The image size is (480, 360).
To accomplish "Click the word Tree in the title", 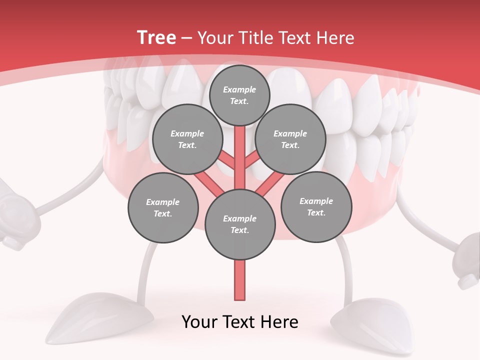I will point(156,38).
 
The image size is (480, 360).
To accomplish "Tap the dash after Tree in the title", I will point(186,38).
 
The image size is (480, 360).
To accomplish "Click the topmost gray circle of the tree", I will point(239,95).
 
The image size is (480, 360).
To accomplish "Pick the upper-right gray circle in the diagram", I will point(290,139).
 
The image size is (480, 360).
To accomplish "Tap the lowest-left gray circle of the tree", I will point(163,208).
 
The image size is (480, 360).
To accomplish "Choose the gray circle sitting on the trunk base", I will point(240,224).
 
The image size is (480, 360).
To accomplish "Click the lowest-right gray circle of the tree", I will point(316,207).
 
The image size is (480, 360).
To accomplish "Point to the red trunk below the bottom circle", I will point(240,280).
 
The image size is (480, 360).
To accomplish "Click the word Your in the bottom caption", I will point(199,322).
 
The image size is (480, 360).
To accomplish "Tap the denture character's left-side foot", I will point(105,320).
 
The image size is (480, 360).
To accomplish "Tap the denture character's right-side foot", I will point(375,322).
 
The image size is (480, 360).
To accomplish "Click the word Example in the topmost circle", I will point(239,89).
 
